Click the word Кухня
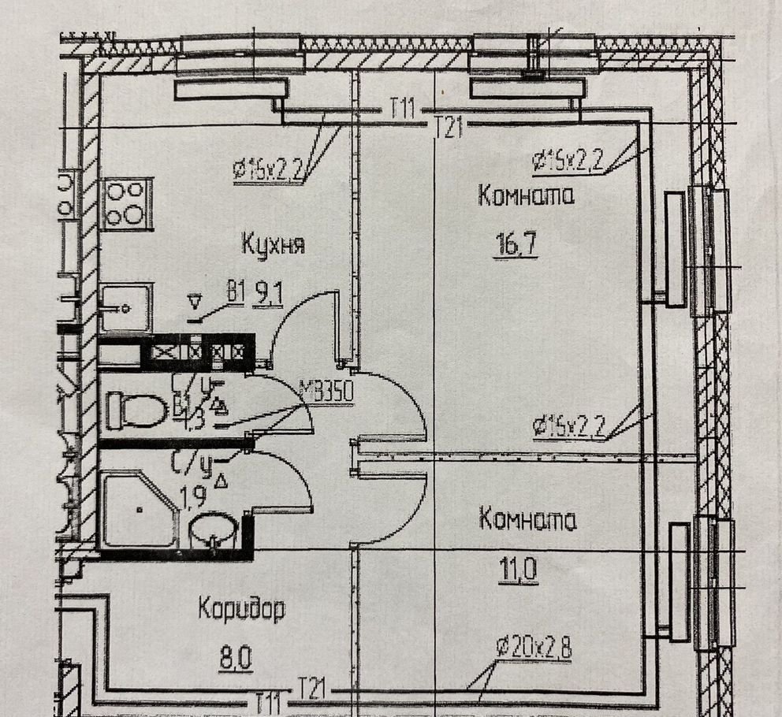pos(272,245)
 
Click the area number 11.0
pos(517,568)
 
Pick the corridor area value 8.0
pos(236,656)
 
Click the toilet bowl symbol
pos(126,410)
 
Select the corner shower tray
pos(138,508)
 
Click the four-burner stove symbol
pos(126,202)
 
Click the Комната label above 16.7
pos(526,197)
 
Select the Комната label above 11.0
pos(527,521)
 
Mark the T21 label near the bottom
pos(311,690)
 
